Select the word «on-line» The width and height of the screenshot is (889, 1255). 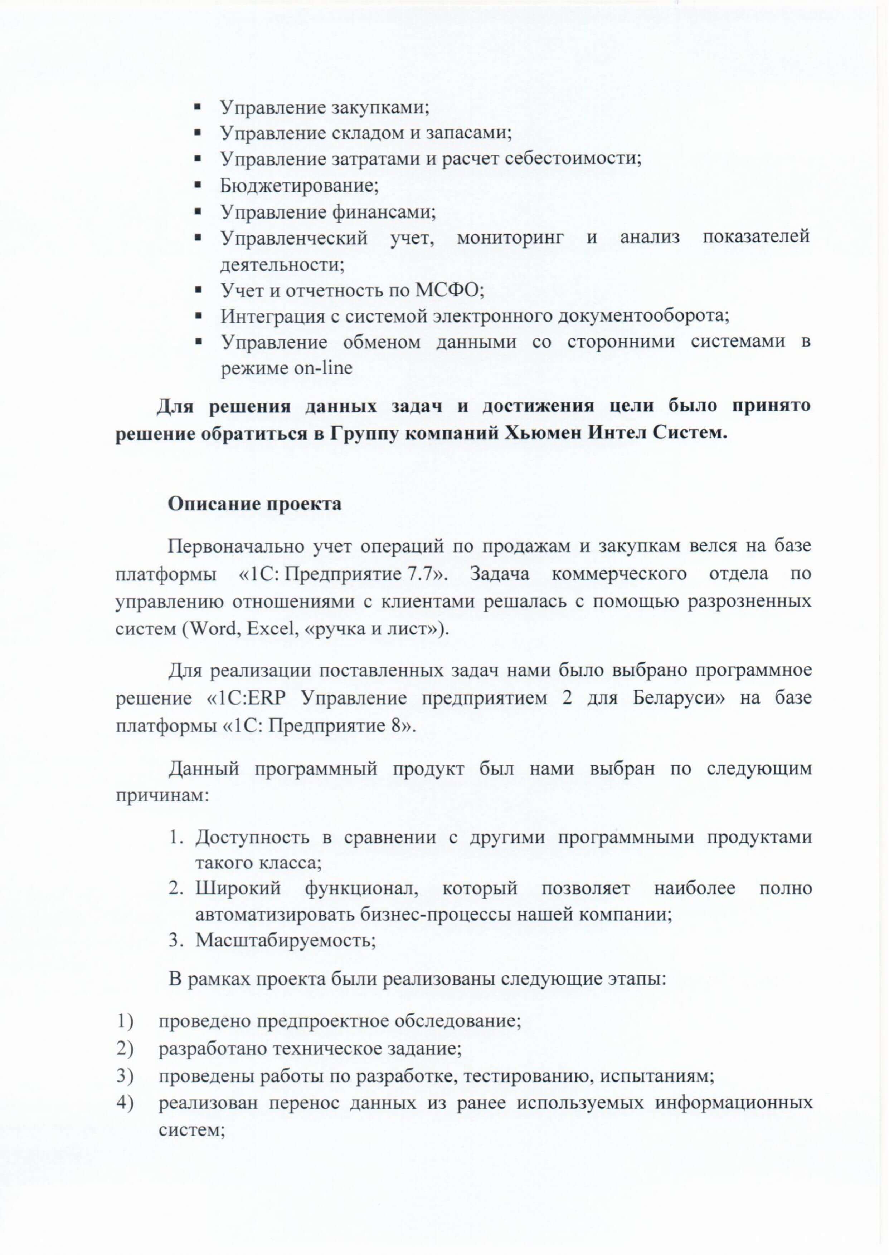coord(324,368)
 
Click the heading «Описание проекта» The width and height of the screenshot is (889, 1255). coord(254,504)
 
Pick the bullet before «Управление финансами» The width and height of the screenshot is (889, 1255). coord(198,212)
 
